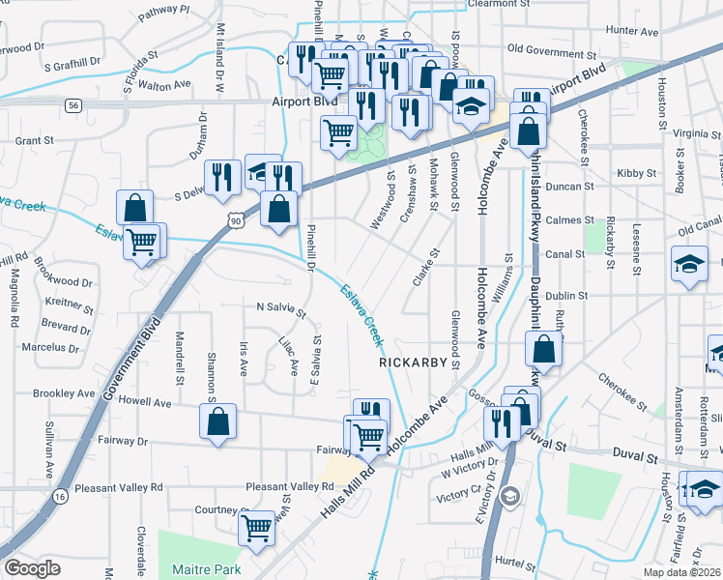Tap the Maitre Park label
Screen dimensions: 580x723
(x=207, y=569)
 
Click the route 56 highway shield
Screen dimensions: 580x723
(x=73, y=103)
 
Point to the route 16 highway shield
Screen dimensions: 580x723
(x=60, y=496)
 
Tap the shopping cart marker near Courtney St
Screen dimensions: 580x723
(x=256, y=528)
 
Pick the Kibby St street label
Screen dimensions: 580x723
(x=636, y=173)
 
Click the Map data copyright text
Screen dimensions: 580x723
(x=682, y=572)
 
